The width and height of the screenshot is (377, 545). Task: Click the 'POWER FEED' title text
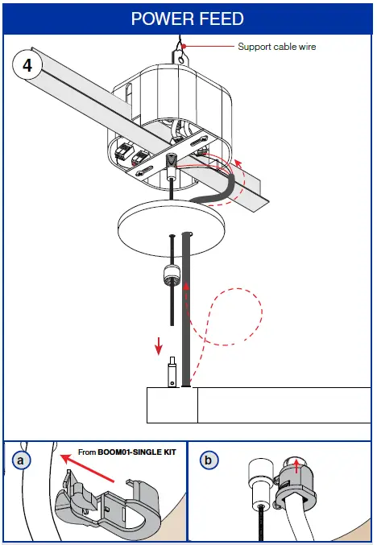[187, 17]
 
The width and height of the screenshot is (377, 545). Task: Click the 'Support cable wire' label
[276, 47]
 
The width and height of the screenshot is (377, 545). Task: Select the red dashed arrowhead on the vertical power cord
[188, 285]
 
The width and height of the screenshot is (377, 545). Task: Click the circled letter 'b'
[209, 460]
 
